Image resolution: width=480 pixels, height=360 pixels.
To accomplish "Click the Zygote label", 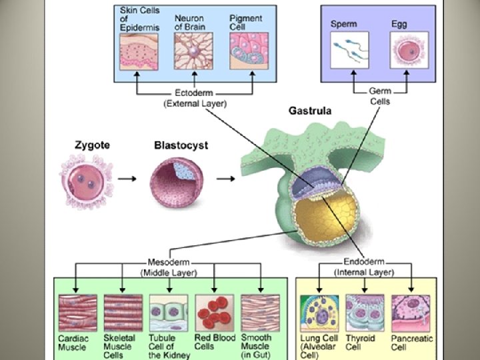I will click(92, 145).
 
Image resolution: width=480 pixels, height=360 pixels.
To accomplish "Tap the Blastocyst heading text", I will click(181, 145).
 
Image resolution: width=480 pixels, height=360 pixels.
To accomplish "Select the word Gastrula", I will click(309, 111).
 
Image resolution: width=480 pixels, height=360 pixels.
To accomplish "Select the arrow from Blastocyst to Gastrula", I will click(226, 179).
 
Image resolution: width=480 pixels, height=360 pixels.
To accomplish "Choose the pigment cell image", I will click(247, 51).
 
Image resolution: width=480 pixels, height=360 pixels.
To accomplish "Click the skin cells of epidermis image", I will click(138, 51).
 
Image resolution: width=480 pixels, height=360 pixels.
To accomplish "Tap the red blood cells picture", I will click(214, 313).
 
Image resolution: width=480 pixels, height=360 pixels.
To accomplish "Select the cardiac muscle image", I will click(77, 313).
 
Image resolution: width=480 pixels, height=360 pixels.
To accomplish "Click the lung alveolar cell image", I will click(319, 313).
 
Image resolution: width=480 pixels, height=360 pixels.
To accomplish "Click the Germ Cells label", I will click(380, 96).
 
